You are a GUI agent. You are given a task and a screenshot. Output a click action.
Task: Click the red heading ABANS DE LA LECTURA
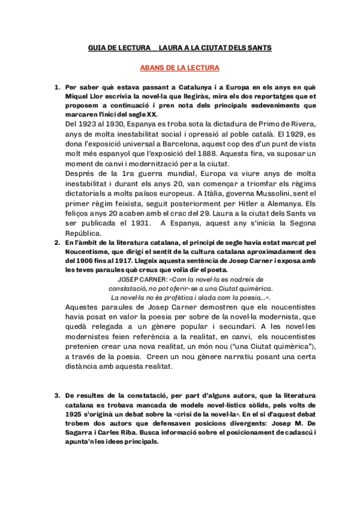tap(179, 68)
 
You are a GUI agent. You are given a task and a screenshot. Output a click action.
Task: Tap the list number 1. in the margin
tap(57, 88)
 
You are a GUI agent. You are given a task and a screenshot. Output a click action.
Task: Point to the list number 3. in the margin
tap(57, 395)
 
